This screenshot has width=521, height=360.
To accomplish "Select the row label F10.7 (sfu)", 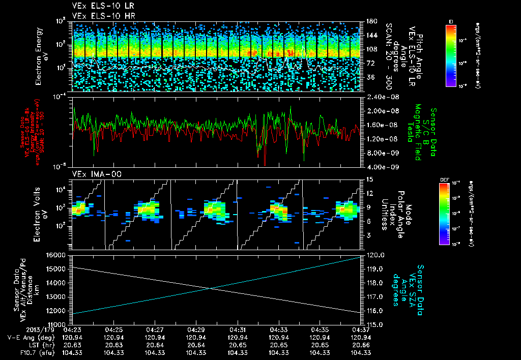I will [20, 352].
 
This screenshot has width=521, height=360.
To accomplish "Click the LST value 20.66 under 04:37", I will [360, 345].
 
